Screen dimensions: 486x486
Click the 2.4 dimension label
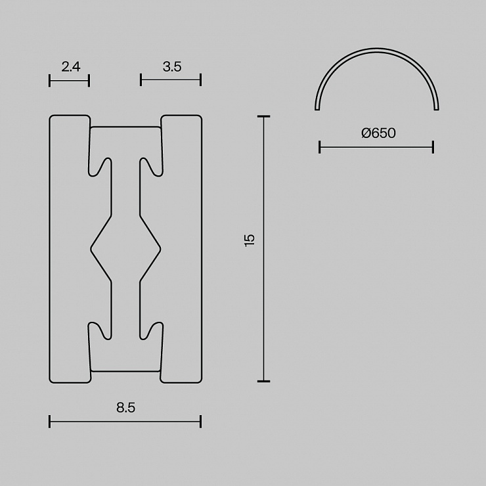(x=71, y=66)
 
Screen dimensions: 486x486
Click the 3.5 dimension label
(x=172, y=66)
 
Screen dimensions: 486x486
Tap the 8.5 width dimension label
(x=126, y=408)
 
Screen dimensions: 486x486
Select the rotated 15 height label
(x=250, y=240)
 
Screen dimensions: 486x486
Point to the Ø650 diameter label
(x=378, y=133)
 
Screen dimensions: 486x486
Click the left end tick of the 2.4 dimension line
(x=50, y=81)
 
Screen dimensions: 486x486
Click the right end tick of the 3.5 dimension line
(x=201, y=79)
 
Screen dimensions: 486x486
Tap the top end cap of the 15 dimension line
(x=264, y=116)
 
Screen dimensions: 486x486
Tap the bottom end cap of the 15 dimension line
(x=264, y=381)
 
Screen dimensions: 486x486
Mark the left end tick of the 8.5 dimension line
(x=50, y=422)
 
